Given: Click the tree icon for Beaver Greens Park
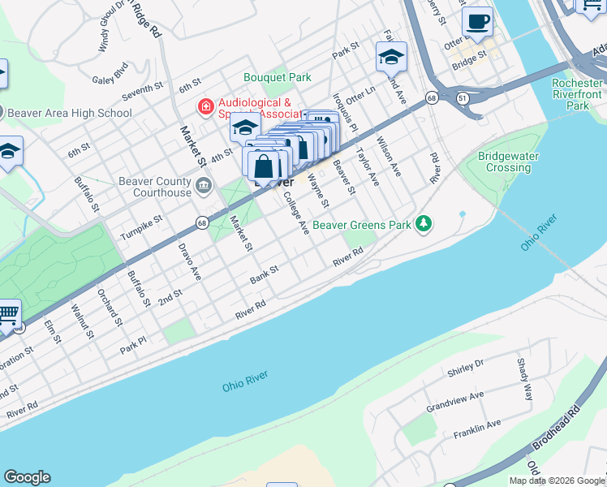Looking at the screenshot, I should click(x=422, y=223).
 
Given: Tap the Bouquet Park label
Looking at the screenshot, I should click(x=278, y=78).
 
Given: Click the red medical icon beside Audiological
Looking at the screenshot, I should click(x=206, y=106).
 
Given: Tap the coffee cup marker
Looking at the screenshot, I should click(x=477, y=21).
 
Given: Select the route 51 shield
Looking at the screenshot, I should click(x=462, y=97).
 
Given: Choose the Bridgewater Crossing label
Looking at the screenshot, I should click(x=508, y=162).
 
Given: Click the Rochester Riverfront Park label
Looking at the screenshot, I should click(x=577, y=94).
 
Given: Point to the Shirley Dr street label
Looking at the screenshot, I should click(x=465, y=368).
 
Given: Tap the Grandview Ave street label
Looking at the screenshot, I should click(x=454, y=399).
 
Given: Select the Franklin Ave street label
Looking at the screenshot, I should click(x=476, y=429).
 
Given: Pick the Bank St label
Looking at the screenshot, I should click(x=264, y=274).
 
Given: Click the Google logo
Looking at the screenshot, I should click(x=27, y=477).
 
